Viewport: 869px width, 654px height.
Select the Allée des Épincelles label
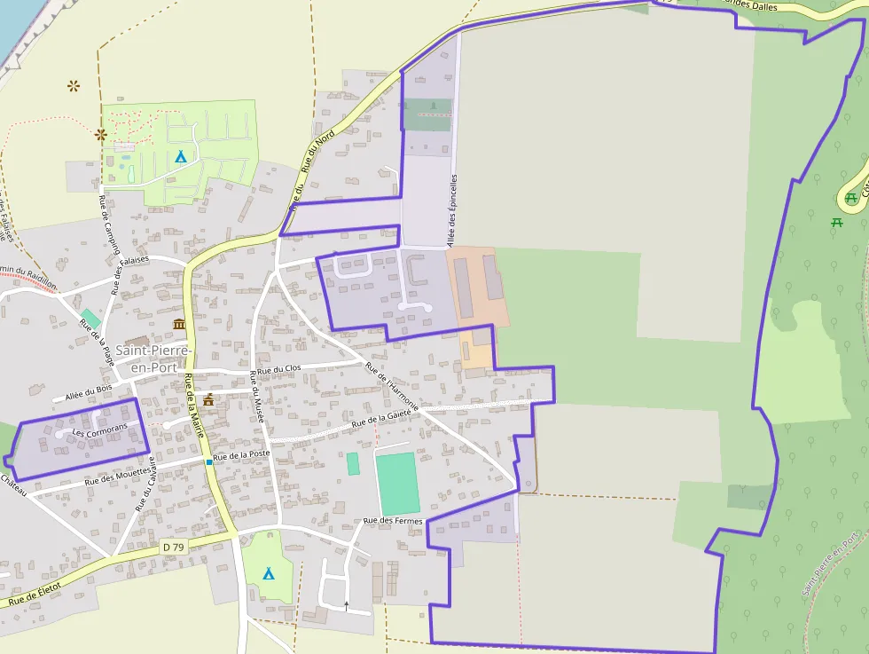(x=452, y=209)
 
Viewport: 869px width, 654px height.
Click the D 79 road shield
(x=174, y=548)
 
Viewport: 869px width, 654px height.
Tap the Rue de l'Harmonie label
(x=391, y=388)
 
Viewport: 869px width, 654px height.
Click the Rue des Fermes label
(x=393, y=521)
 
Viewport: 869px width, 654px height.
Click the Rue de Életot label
(x=35, y=595)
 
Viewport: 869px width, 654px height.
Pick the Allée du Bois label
(x=89, y=390)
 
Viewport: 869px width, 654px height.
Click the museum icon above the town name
(x=180, y=324)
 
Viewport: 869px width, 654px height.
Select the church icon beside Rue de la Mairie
(x=208, y=400)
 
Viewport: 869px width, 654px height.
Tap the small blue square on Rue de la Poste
(x=209, y=461)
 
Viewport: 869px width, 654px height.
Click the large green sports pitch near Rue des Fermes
(x=396, y=483)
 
